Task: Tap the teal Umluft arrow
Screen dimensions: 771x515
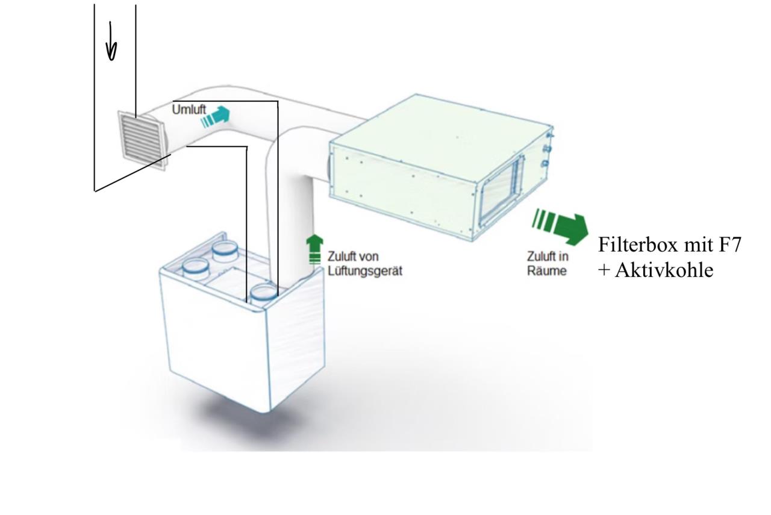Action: (216, 117)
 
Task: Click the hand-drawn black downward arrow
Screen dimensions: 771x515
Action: (111, 41)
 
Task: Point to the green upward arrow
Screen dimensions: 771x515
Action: (314, 250)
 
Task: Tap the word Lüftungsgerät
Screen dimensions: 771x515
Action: (365, 271)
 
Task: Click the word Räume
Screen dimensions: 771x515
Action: (546, 270)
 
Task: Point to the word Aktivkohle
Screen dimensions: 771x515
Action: (664, 270)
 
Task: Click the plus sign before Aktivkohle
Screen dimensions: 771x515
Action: (604, 270)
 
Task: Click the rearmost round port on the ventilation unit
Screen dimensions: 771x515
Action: (225, 251)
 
